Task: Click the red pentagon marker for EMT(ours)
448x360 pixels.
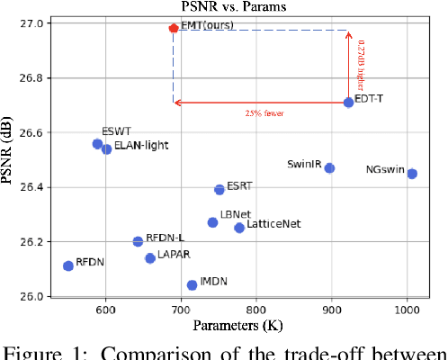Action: click(174, 28)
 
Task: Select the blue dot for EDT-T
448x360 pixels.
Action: click(349, 103)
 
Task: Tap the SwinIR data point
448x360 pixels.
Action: click(329, 168)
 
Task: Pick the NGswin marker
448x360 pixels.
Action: click(412, 174)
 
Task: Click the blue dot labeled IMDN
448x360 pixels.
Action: click(192, 285)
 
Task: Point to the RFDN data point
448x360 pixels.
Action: click(68, 265)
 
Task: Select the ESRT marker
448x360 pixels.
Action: click(220, 190)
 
